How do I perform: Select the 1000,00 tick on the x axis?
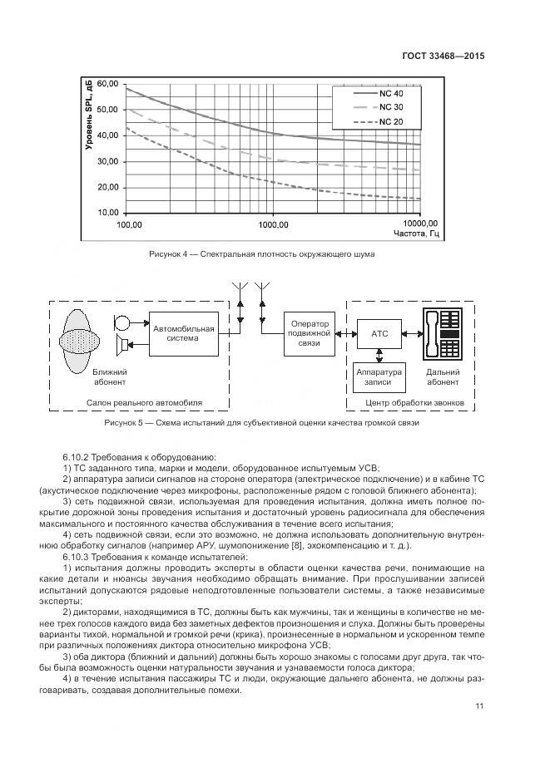(273, 225)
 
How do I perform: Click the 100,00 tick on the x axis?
(130, 225)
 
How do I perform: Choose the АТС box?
(379, 334)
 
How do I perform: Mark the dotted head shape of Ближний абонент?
(82, 342)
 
